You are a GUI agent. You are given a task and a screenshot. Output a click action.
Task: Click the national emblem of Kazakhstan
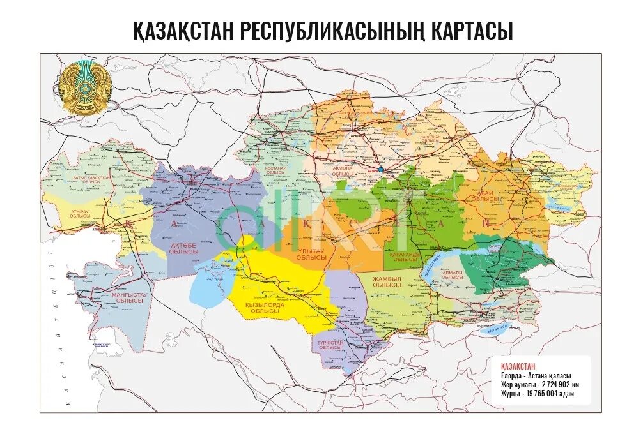[86, 87]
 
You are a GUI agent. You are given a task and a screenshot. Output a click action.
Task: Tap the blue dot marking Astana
[381, 170]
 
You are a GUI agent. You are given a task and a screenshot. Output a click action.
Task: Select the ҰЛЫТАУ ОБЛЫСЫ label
[311, 255]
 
